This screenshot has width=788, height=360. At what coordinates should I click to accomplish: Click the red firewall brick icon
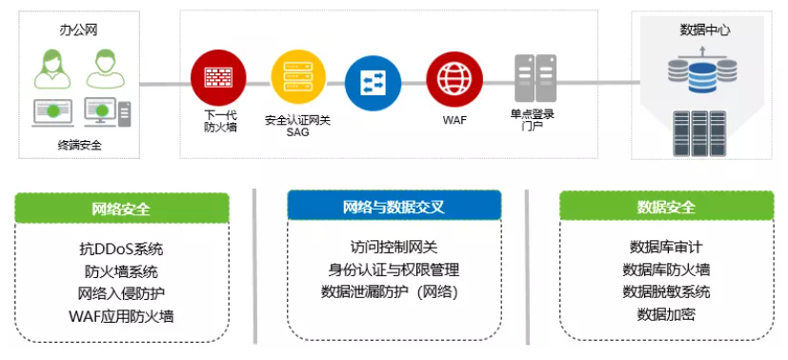pos(218,78)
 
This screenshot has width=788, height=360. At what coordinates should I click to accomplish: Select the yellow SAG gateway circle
pos(298,78)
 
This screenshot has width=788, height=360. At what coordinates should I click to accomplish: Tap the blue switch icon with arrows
pos(373,83)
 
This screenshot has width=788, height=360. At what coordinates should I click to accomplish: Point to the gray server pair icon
pos(535,78)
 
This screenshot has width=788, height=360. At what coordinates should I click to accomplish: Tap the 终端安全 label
pos(79,146)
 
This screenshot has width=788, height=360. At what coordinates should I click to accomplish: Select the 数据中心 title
pos(704,30)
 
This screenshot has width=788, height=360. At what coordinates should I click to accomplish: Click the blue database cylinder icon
pos(702,77)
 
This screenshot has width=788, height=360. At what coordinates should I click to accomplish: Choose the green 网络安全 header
pos(122,209)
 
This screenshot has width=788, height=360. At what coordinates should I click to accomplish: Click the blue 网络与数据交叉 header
pos(394,206)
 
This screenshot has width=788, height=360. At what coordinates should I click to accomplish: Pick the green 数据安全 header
pos(666,207)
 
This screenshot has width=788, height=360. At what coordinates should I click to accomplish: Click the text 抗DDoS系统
pos(121,249)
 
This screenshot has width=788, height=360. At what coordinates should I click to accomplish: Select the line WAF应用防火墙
pos(121,316)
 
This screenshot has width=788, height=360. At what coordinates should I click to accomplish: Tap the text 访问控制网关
pos(394,247)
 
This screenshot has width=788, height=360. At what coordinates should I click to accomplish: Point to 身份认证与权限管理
pos(394,270)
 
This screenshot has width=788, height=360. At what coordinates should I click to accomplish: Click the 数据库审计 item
pos(666,247)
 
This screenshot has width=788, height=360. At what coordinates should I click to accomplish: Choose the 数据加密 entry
pos(666,315)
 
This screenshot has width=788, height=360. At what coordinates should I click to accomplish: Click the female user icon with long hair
pos(52,69)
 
